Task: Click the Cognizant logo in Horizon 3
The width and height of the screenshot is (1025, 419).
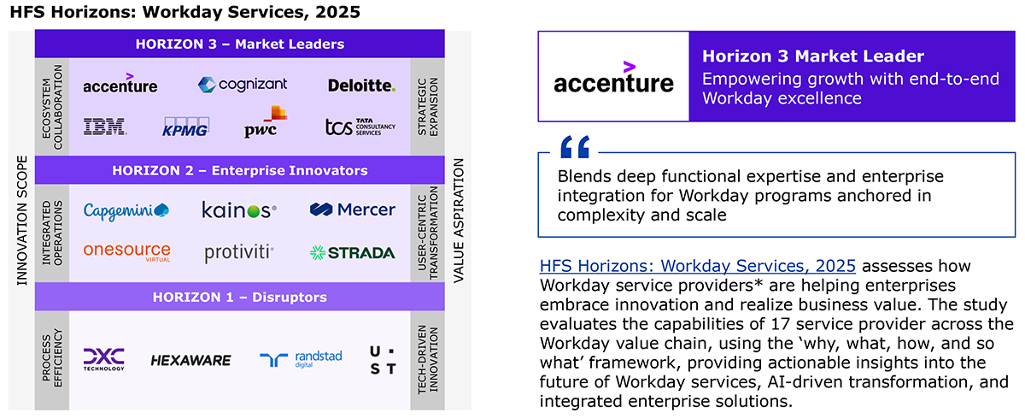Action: [x=243, y=85]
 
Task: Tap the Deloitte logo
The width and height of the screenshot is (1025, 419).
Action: [x=361, y=86]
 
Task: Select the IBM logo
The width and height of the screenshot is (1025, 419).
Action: [x=105, y=127]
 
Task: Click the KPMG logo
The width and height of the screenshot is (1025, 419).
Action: [x=185, y=127]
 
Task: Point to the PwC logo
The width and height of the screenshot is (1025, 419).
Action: [x=266, y=121]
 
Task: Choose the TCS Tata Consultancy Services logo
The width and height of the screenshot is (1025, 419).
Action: [x=360, y=127]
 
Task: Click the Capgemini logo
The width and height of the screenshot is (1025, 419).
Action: [x=126, y=211]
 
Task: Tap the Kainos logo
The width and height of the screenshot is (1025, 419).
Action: [x=239, y=210]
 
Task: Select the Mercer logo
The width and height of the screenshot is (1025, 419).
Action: [x=352, y=209]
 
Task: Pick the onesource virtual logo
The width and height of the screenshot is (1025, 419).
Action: [x=126, y=252]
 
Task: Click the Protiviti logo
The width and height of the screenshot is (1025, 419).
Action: [x=239, y=253]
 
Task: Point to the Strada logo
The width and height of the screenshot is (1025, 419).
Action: [x=352, y=253]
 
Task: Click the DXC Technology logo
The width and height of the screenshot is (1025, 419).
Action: [x=104, y=359]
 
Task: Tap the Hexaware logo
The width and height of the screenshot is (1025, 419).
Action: [x=190, y=360]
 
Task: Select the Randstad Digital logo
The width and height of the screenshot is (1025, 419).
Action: [x=301, y=359]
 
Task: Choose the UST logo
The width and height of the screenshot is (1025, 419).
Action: [x=383, y=360]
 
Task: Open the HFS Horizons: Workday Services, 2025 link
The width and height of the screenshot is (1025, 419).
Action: [x=697, y=266]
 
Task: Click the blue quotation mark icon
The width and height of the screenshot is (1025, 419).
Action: [x=575, y=147]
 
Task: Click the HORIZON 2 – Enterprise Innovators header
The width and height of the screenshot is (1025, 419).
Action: [x=240, y=170]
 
